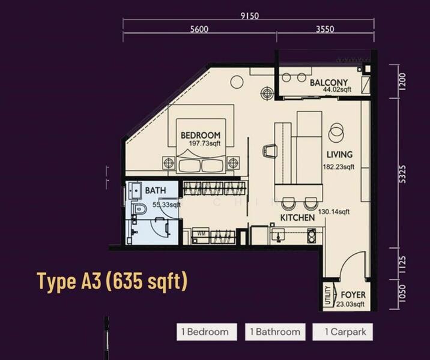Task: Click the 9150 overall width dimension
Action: pyautogui.click(x=250, y=16)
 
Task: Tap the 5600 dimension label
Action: pyautogui.click(x=199, y=29)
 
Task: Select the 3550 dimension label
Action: pyautogui.click(x=325, y=29)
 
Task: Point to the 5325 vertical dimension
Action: pyautogui.click(x=402, y=173)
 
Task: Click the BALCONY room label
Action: pyautogui.click(x=329, y=82)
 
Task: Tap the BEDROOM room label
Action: pyautogui.click(x=201, y=135)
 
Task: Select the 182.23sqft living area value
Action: pyautogui.click(x=338, y=167)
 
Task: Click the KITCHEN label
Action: pyautogui.click(x=297, y=218)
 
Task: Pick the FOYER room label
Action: pyautogui.click(x=353, y=295)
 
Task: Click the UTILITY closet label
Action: pyautogui.click(x=328, y=295)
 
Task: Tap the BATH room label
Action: pyautogui.click(x=155, y=190)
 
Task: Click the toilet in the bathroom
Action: pyautogui.click(x=140, y=209)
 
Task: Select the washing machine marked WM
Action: pyautogui.click(x=201, y=235)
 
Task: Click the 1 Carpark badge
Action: pyautogui.click(x=342, y=332)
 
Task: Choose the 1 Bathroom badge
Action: pyautogui.click(x=275, y=332)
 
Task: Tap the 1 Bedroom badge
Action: pyautogui.click(x=207, y=332)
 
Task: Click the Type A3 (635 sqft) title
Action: pyautogui.click(x=112, y=281)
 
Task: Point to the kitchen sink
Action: pyautogui.click(x=279, y=235)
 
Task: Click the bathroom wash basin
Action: pyautogui.click(x=135, y=190)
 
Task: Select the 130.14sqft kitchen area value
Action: pyautogui.click(x=334, y=212)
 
